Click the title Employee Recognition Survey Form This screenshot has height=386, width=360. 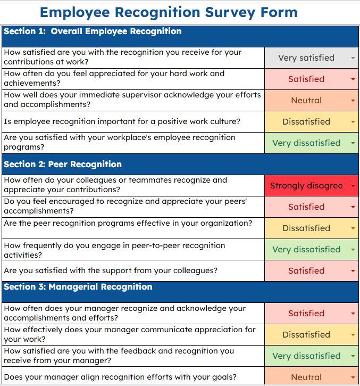pos(169,12)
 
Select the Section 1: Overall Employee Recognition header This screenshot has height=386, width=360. pos(93,31)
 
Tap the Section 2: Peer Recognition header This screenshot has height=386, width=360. pos(63,164)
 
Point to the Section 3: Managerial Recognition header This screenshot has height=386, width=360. pos(78,287)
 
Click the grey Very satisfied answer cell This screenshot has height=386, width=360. pos(306,58)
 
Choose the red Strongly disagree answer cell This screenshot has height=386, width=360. pos(306,186)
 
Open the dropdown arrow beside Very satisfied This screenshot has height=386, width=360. pos(353,58)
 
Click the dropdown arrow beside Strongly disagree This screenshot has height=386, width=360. pos(353,186)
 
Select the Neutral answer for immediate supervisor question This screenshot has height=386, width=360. pos(306,101)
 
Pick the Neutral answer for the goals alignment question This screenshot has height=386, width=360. pos(306,377)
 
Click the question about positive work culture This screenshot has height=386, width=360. pos(122,122)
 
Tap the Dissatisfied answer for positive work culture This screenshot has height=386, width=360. pos(306,122)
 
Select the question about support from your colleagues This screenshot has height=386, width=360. pos(111,270)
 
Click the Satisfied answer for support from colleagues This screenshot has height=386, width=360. pos(306,270)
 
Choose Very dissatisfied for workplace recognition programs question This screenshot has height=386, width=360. pos(306,143)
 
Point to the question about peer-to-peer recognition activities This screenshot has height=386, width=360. pos(114,250)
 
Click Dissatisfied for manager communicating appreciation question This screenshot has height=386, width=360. pos(306,335)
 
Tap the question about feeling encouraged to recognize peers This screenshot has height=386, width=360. pos(126,206)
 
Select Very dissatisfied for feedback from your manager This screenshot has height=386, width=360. pos(306,356)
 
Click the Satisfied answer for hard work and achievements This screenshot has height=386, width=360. pos(306,79)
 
